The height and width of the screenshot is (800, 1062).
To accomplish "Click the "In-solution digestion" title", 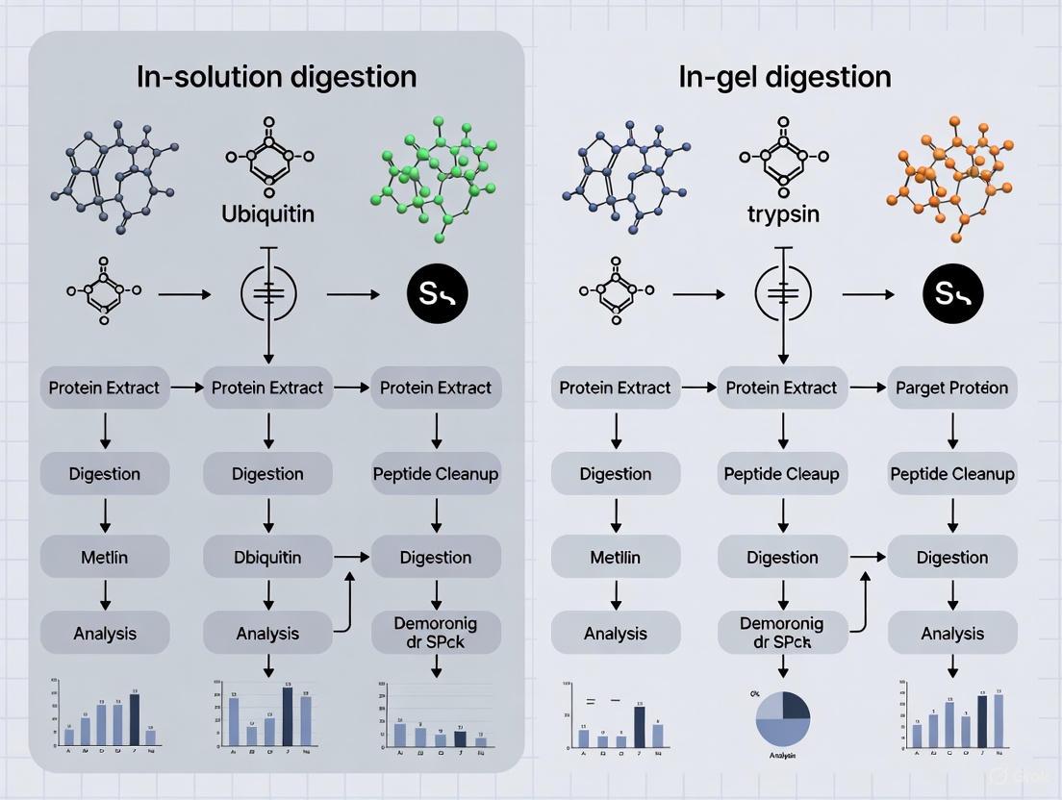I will (x=276, y=77).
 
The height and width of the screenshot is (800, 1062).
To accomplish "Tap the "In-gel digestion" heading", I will (x=784, y=77).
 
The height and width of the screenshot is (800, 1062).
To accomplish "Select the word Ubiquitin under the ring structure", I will (x=267, y=213).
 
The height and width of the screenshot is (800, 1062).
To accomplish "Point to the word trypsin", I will (x=782, y=213).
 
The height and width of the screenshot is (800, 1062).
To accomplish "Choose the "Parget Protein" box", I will (x=951, y=387).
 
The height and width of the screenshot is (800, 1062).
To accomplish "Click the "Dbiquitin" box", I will (x=267, y=557).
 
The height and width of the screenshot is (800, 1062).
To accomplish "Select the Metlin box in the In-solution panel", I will (x=105, y=557).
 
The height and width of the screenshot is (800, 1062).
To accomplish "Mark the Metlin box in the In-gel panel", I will (x=616, y=557).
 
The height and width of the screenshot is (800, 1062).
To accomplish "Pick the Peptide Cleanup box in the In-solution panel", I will (x=436, y=473).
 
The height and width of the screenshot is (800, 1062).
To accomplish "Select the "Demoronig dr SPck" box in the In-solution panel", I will (x=436, y=632).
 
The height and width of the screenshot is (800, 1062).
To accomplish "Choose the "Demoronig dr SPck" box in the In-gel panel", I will (x=782, y=632).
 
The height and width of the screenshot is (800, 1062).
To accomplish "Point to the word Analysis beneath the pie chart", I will (x=782, y=756).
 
